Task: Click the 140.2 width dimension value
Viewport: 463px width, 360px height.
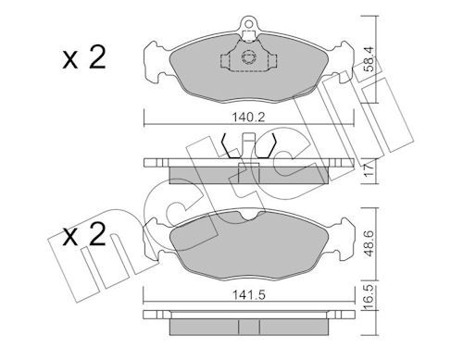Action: click(x=248, y=118)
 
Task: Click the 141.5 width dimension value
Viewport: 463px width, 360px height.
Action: click(x=249, y=295)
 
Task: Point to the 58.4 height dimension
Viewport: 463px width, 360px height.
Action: click(x=369, y=58)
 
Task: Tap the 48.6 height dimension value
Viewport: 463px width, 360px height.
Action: click(x=369, y=243)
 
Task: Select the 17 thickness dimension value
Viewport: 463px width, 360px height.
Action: click(x=369, y=169)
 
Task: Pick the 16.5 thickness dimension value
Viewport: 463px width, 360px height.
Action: click(x=369, y=297)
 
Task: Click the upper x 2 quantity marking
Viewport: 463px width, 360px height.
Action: click(x=84, y=57)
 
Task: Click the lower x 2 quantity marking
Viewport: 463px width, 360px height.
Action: click(x=84, y=235)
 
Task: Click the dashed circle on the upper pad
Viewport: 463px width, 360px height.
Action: click(x=248, y=57)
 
